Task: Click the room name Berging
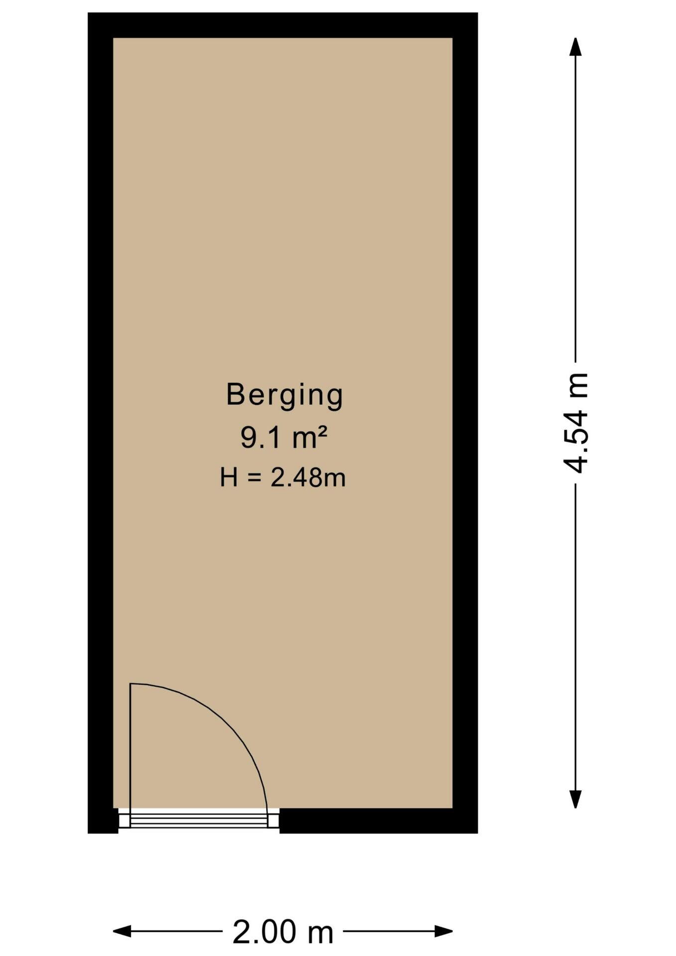coord(284,395)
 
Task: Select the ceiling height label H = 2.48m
coord(283,478)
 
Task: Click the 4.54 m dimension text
coord(576,423)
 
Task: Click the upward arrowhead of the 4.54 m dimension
coord(576,47)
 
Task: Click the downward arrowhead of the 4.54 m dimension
coord(576,799)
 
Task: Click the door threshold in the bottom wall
coord(199,821)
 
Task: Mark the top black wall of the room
coord(283,25)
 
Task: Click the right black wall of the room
coord(465,423)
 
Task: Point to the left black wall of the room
coord(101,423)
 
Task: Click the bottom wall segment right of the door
coord(378,821)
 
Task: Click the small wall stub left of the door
coord(104,821)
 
